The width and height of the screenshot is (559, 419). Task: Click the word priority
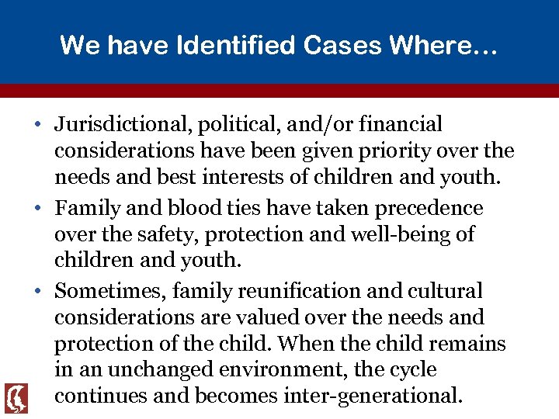point(381,151)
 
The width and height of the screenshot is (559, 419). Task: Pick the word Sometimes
point(109,291)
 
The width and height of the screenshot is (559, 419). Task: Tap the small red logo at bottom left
point(16,397)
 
